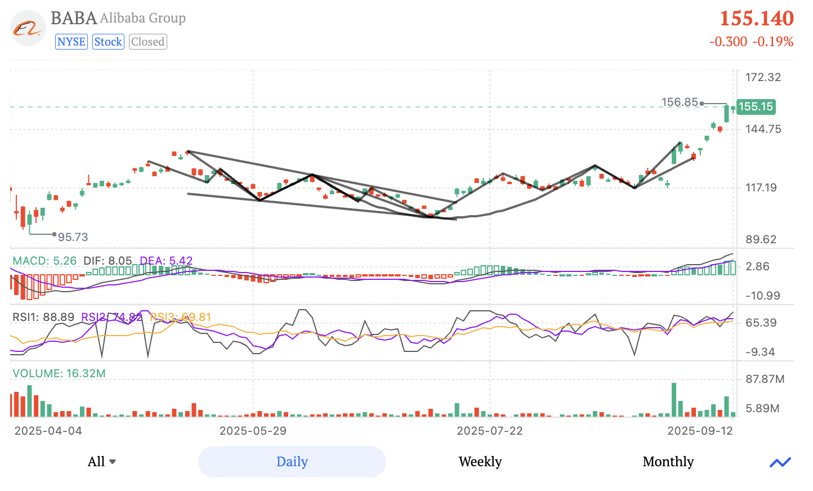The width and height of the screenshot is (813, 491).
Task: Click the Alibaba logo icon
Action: (28, 28)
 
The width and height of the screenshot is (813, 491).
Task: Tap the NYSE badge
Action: (72, 42)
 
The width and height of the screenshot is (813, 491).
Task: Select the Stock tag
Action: (108, 42)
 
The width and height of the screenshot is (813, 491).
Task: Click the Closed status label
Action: (148, 42)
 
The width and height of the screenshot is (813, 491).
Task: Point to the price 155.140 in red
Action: (756, 19)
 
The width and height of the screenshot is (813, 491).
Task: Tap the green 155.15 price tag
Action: (756, 106)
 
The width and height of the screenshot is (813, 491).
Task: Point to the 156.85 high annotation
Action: (680, 102)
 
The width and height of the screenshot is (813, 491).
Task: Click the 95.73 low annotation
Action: (73, 237)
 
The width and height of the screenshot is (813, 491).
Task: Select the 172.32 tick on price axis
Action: (763, 77)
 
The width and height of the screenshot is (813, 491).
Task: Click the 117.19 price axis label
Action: (761, 188)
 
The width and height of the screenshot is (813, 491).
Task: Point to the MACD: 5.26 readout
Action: (44, 261)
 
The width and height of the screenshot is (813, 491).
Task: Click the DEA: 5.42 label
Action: (166, 261)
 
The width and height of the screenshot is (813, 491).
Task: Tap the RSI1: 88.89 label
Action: (43, 317)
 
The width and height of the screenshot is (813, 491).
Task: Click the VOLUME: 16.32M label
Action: (59, 373)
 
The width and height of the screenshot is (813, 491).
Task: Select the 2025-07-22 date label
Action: (489, 431)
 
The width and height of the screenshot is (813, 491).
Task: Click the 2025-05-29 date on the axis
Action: (253, 431)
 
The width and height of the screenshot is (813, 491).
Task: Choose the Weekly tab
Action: (480, 462)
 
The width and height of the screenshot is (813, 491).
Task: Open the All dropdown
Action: (102, 462)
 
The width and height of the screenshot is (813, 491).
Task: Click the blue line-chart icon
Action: (780, 462)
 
